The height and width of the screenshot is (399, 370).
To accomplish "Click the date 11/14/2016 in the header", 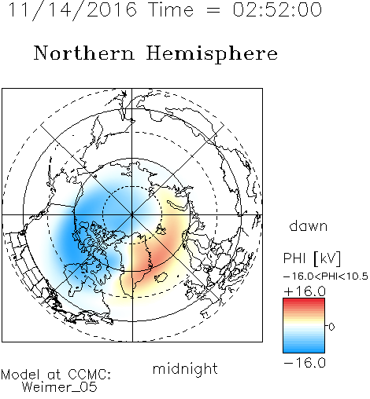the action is click(x=72, y=10).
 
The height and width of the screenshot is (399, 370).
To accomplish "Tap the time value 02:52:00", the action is click(x=277, y=10).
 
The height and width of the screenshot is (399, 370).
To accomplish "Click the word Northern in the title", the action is click(x=84, y=53).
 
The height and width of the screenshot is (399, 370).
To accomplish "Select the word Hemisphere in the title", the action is click(x=212, y=54).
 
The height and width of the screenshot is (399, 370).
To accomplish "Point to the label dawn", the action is click(x=309, y=226).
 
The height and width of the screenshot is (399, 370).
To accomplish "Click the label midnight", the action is click(x=185, y=368).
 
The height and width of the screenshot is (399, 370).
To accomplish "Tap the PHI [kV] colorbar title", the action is click(x=313, y=258).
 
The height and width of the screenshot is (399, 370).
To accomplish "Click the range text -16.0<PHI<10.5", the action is click(x=326, y=276).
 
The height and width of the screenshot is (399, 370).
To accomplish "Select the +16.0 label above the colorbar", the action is click(x=305, y=291).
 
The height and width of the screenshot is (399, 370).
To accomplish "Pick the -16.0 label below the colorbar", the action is click(x=305, y=363).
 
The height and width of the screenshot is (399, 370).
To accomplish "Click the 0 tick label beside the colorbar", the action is click(x=331, y=327).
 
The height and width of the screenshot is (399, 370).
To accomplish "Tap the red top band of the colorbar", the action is click(x=304, y=301).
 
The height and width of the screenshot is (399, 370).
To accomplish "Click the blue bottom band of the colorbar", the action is click(x=304, y=350).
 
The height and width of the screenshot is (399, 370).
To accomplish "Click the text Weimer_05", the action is click(x=60, y=387).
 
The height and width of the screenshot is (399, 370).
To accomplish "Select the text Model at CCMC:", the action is click(x=56, y=375).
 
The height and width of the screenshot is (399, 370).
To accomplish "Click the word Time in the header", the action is click(x=171, y=10).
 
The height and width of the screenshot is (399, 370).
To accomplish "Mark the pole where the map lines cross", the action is click(x=132, y=214).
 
